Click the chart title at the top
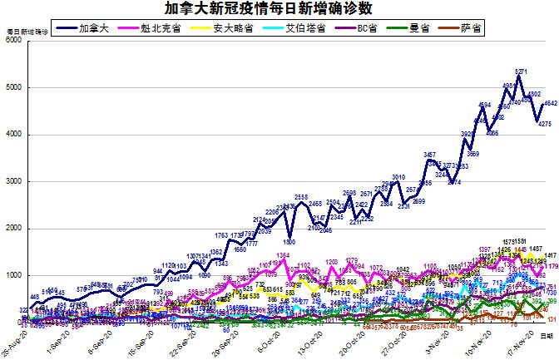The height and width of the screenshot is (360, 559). coord(279,9)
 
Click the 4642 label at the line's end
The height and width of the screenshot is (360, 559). coord(550,103)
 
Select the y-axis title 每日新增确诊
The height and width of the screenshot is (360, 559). coord(27,32)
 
